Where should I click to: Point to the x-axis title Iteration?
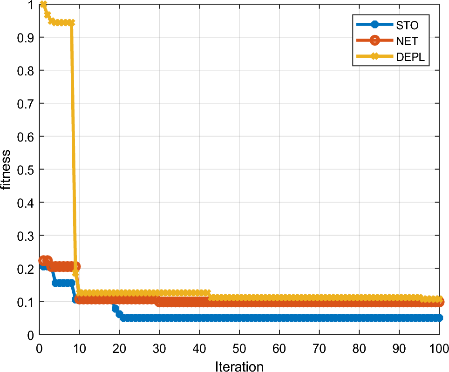coord(239,366)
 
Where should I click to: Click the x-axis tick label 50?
coord(239,348)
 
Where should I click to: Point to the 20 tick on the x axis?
coord(120,348)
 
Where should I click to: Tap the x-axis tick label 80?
coord(359,348)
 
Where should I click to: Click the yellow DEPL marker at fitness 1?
coord(43,4)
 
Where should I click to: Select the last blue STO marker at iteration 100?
coord(439,318)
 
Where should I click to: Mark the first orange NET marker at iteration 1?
coord(43,260)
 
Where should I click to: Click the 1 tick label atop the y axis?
coord(30,5)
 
